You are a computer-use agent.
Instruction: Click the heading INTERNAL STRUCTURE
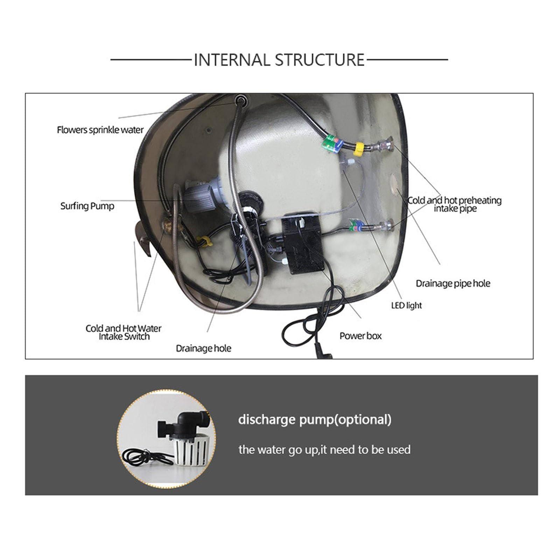[279, 60]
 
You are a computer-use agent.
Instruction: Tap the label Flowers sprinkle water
[100, 130]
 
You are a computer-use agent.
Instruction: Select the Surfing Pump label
[87, 206]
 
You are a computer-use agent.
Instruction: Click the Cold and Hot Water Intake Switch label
[124, 332]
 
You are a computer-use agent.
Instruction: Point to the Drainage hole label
[203, 349]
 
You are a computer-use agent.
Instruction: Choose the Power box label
[360, 336]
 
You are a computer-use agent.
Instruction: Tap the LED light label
[406, 306]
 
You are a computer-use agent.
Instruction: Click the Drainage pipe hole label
[453, 283]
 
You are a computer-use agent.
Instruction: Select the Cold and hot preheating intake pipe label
[455, 204]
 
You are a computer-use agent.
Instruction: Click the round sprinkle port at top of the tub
[240, 101]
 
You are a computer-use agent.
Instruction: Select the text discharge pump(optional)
[315, 420]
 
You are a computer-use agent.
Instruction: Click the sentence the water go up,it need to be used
[324, 450]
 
